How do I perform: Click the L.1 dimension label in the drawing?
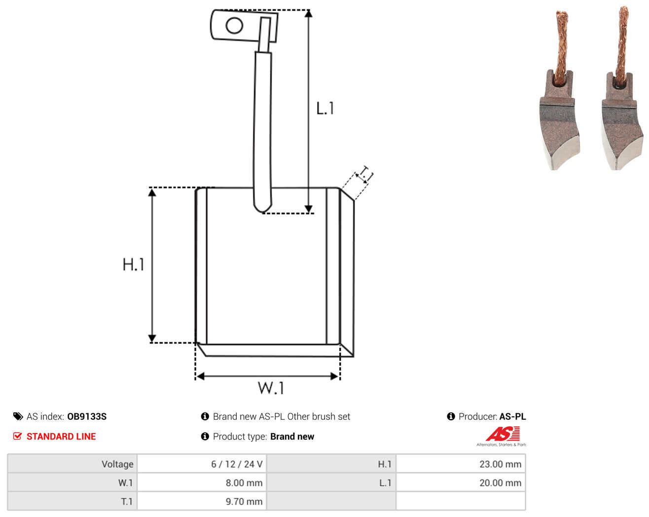point(325,109)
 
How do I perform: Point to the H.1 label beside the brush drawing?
point(133,264)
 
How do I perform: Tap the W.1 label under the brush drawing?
point(271,388)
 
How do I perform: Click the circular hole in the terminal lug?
point(234,26)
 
